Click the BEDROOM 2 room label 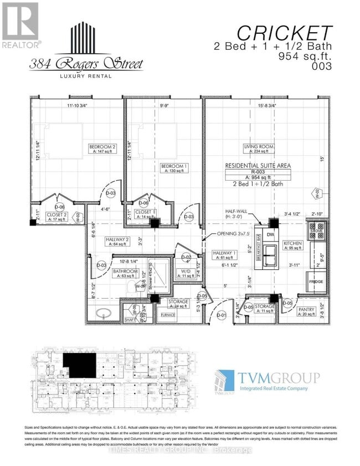pos(102,147)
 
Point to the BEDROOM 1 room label pos(173,166)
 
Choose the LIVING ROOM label pos(259,147)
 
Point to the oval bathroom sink pos(104,313)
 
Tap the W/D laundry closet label pos(186,271)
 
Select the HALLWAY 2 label pos(104,241)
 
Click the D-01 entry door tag pos(222,315)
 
